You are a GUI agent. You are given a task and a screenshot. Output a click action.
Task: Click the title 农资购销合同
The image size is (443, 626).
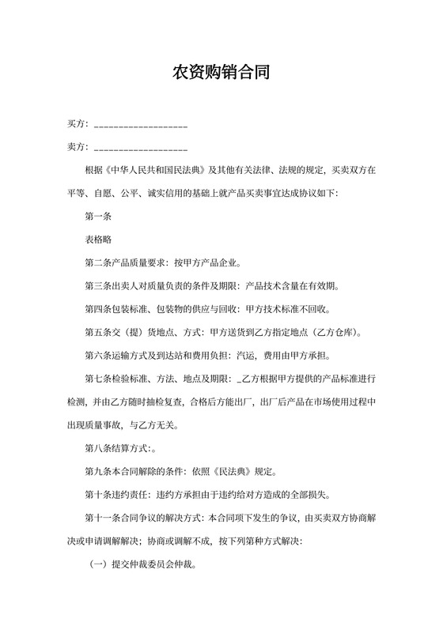click(221, 74)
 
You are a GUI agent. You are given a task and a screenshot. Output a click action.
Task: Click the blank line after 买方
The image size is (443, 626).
click(141, 126)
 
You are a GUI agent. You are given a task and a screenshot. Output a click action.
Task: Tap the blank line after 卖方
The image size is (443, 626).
click(141, 149)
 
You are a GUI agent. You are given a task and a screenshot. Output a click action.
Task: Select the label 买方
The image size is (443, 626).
click(77, 125)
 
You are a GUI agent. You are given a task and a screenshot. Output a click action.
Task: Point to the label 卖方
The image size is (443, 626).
click(77, 147)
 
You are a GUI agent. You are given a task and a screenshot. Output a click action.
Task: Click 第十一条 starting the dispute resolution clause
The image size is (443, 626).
click(103, 519)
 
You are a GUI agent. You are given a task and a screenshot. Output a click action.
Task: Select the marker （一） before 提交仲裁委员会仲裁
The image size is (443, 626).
click(98, 566)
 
